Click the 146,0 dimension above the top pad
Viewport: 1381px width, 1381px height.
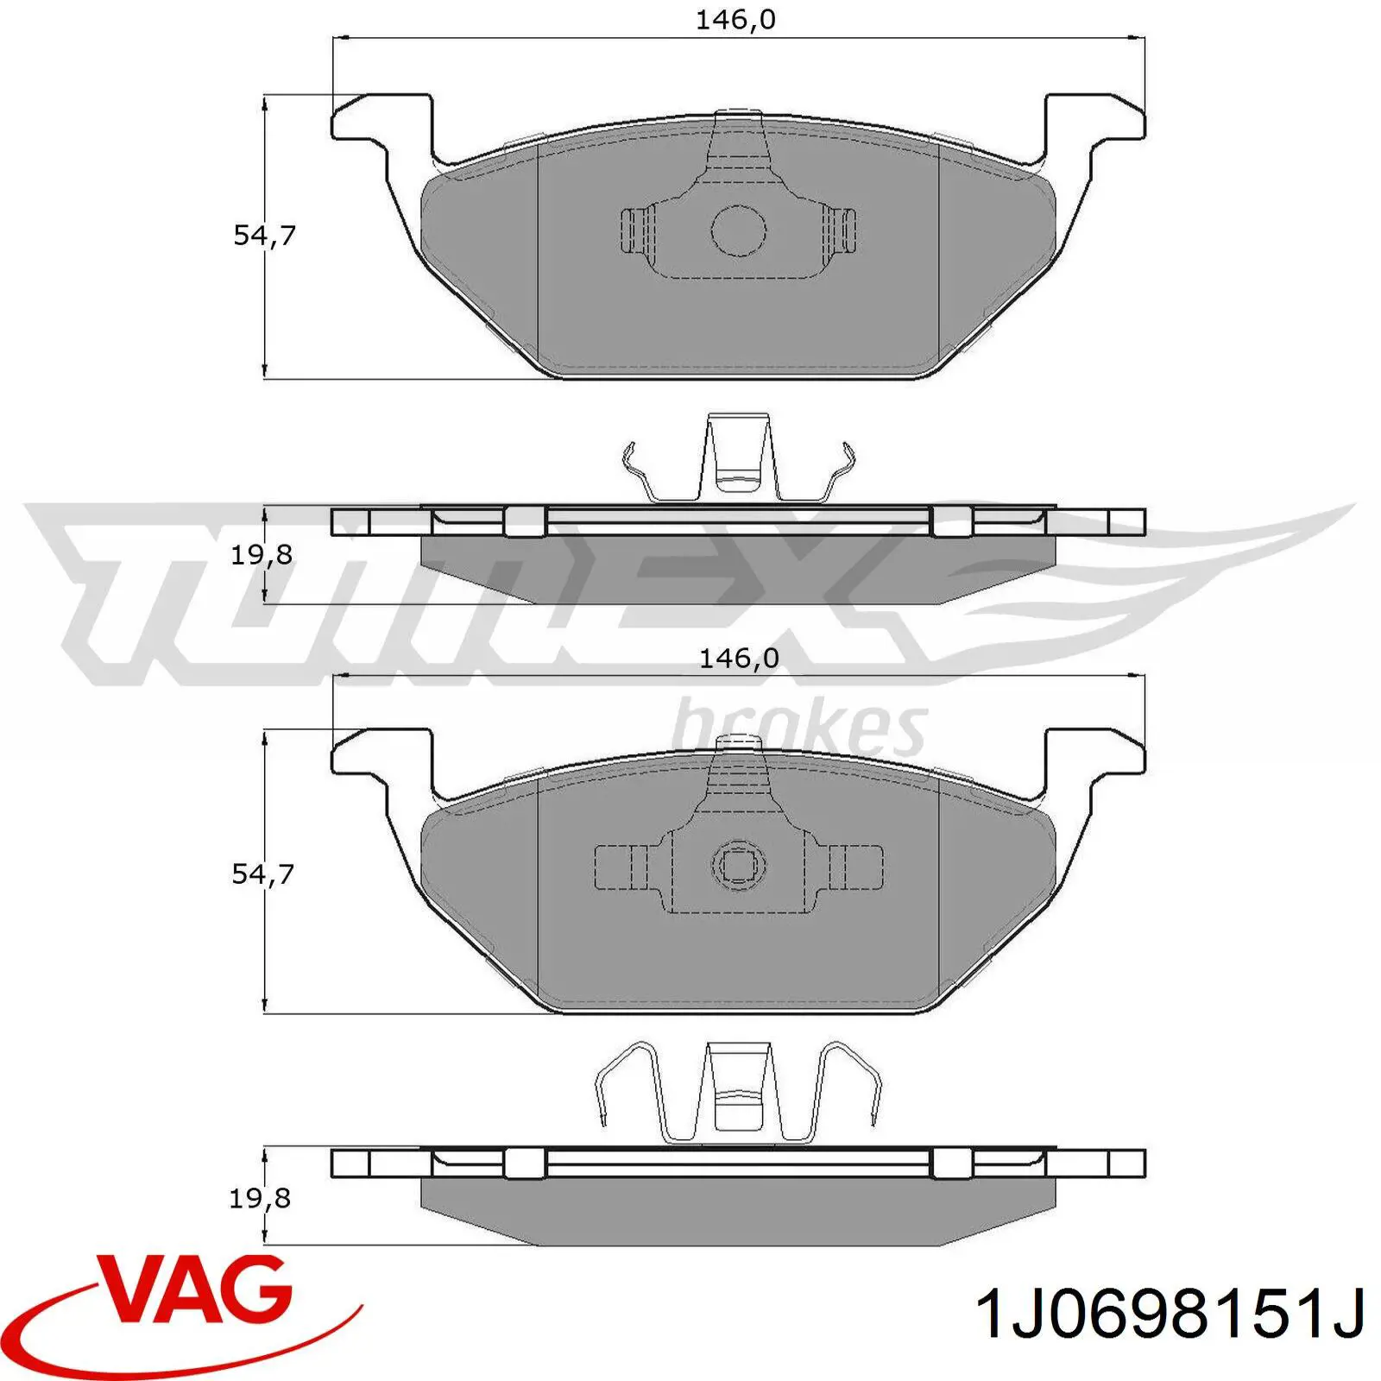click(x=735, y=20)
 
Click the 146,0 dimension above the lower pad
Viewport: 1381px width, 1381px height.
click(x=738, y=659)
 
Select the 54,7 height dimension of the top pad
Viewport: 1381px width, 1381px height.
click(x=264, y=235)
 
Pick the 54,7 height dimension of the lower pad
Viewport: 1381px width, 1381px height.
click(x=262, y=873)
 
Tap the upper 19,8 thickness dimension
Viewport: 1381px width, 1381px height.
click(x=261, y=555)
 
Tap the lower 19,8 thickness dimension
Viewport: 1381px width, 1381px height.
click(x=260, y=1198)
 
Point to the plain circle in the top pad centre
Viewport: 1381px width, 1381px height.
click(x=739, y=230)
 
